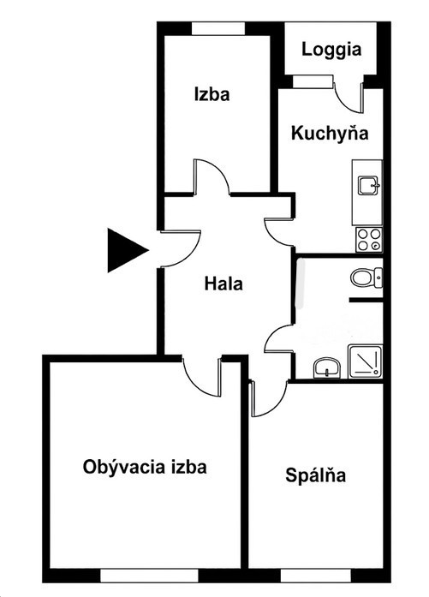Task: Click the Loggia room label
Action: click(331, 50)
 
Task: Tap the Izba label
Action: click(212, 94)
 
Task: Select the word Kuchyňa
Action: click(330, 134)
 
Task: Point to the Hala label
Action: click(223, 284)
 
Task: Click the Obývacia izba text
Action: click(145, 467)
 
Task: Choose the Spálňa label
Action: click(316, 475)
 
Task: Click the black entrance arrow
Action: click(128, 250)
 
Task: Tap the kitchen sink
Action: click(368, 185)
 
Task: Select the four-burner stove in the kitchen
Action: click(368, 240)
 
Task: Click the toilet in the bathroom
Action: click(366, 278)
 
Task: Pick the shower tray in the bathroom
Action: click(365, 361)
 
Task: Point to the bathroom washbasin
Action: click(327, 367)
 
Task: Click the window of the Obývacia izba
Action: click(149, 576)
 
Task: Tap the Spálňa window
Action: click(316, 576)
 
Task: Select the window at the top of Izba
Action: click(217, 29)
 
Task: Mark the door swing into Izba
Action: click(212, 177)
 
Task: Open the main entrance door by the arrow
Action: click(181, 248)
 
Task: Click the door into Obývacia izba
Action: click(202, 377)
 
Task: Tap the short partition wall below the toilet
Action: click(366, 301)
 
